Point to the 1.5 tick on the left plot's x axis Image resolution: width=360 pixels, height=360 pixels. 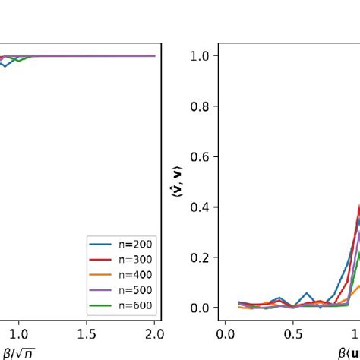pyautogui.click(x=87, y=335)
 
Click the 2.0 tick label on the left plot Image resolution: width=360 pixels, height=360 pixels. pyautogui.click(x=154, y=335)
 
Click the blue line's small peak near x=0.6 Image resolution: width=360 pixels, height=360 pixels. pyautogui.click(x=307, y=293)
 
